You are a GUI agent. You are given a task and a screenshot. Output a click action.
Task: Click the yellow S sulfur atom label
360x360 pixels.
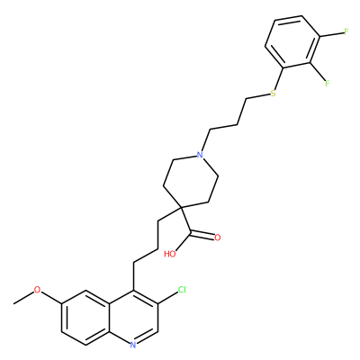pos(273,94)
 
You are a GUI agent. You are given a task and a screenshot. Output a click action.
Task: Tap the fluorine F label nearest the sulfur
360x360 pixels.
pos(327,83)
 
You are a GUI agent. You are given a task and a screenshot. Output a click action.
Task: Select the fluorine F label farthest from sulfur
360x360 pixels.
pos(346,31)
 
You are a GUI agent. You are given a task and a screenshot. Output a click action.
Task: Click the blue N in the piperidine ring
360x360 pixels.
pos(199,155)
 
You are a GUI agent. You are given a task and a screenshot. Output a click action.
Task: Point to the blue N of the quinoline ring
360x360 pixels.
pos(133,345)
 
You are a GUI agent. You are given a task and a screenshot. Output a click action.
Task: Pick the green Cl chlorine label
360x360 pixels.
pos(182,290)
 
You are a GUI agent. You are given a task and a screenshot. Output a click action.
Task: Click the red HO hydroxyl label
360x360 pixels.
pos(170,254)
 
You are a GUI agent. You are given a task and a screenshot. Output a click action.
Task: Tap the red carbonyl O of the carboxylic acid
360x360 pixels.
pos(218,238)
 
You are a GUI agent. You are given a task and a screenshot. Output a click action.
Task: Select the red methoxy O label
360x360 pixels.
pos(37,290)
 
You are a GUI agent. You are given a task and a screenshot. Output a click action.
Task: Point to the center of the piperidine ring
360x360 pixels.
pos(191,181)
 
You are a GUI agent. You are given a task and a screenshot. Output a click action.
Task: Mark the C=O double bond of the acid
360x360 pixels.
pos(202,234)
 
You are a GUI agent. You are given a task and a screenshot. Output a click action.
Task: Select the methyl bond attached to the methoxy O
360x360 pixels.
pos(23,297)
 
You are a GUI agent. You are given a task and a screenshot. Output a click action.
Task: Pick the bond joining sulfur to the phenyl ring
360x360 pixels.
pos(278,77)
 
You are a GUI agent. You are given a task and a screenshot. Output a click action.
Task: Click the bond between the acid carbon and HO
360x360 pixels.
pos(184,240)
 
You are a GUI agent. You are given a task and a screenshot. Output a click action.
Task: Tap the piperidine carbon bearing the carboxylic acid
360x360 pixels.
pos(181,207)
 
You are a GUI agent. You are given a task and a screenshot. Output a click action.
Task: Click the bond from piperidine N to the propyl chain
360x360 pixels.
pos(205,140)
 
